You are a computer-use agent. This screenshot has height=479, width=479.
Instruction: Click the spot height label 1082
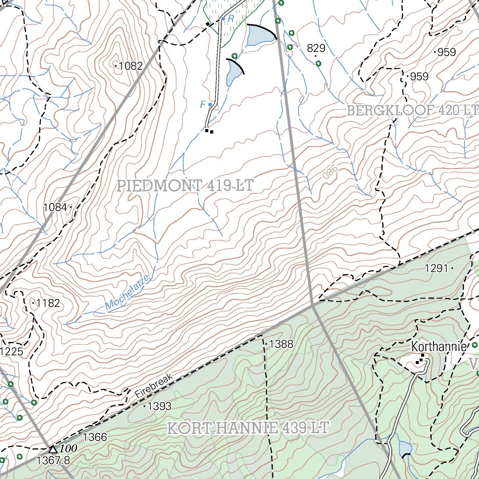pos(130,66)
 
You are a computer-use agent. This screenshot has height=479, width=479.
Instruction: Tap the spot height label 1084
pos(55,207)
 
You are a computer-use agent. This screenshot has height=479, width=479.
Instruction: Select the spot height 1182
pos(48,303)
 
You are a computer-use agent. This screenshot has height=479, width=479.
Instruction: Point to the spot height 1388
pos(281,344)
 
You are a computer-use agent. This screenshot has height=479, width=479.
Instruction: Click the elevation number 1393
pos(160,406)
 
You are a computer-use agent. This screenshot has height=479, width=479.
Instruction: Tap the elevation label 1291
pos(436,268)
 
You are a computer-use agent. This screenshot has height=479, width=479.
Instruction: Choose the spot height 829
pos(316,48)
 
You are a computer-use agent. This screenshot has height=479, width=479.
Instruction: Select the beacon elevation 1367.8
pos(53,460)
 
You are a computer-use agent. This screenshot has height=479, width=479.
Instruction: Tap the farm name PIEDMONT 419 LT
pos(186,185)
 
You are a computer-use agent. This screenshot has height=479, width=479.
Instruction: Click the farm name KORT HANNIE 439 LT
pos(248,428)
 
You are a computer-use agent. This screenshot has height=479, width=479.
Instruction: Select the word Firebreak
pos(154,385)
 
